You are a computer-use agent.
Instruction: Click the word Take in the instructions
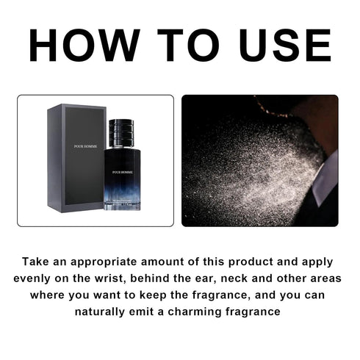[37, 261]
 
